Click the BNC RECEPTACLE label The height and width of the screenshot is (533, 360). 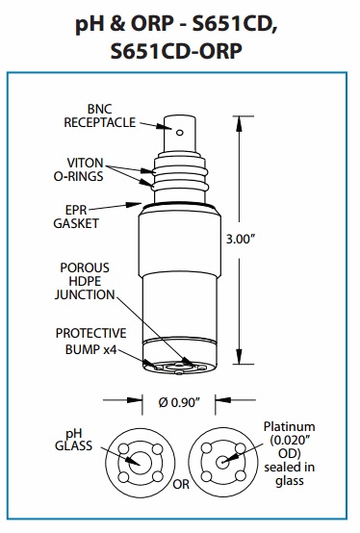tap(100, 115)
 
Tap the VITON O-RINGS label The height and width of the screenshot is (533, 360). tap(79, 169)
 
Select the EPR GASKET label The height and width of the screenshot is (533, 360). tap(76, 216)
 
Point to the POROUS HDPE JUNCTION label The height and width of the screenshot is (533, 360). tap(85, 281)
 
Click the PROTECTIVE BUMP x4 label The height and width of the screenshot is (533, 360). tap(90, 341)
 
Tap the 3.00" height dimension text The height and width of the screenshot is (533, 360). tap(241, 239)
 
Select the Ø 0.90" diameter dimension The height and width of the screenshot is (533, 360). tap(179, 402)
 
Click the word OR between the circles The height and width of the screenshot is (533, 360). tap(181, 484)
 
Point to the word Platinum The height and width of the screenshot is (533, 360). tap(290, 426)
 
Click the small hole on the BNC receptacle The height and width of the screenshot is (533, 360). tap(180, 132)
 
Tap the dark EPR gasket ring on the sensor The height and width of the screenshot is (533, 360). tap(179, 205)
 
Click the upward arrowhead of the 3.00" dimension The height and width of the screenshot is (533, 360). tap(240, 123)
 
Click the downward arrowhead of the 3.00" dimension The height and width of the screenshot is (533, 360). tap(240, 356)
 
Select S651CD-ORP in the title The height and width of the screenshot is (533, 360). tap(177, 52)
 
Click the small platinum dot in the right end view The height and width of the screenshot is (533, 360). tap(222, 462)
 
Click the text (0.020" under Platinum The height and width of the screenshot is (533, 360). tap(290, 441)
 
